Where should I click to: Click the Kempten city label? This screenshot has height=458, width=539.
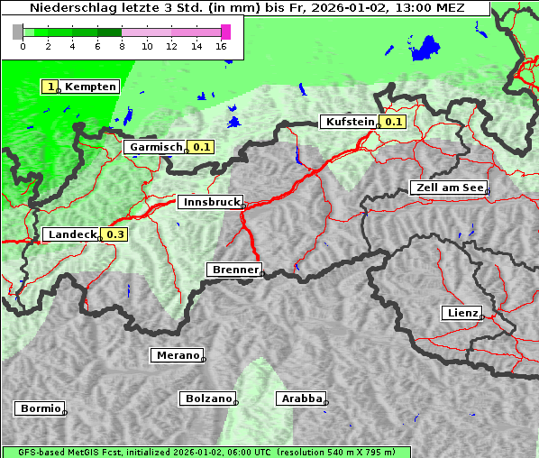(x=90, y=87)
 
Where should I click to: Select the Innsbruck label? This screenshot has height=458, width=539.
(x=209, y=203)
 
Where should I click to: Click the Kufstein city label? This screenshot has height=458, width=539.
(x=349, y=122)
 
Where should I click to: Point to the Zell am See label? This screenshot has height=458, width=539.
(x=447, y=188)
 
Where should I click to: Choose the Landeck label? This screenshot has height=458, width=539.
(x=71, y=234)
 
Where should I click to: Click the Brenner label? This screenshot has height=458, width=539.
(x=233, y=269)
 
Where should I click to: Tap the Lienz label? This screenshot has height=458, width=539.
(x=461, y=313)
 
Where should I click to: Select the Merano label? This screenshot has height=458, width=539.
(x=177, y=355)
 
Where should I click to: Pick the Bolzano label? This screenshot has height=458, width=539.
(x=207, y=398)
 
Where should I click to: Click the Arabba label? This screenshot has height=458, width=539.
(x=300, y=398)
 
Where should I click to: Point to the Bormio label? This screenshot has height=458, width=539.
(x=40, y=408)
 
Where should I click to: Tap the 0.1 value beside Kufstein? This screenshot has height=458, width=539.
(x=394, y=122)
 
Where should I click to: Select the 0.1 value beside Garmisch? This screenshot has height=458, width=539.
(x=201, y=147)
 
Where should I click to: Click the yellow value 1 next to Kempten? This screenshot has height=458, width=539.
(x=51, y=87)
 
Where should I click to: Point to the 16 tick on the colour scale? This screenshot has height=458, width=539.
(x=222, y=46)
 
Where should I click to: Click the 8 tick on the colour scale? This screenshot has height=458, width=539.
(x=122, y=46)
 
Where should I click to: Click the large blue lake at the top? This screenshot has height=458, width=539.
(x=425, y=49)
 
